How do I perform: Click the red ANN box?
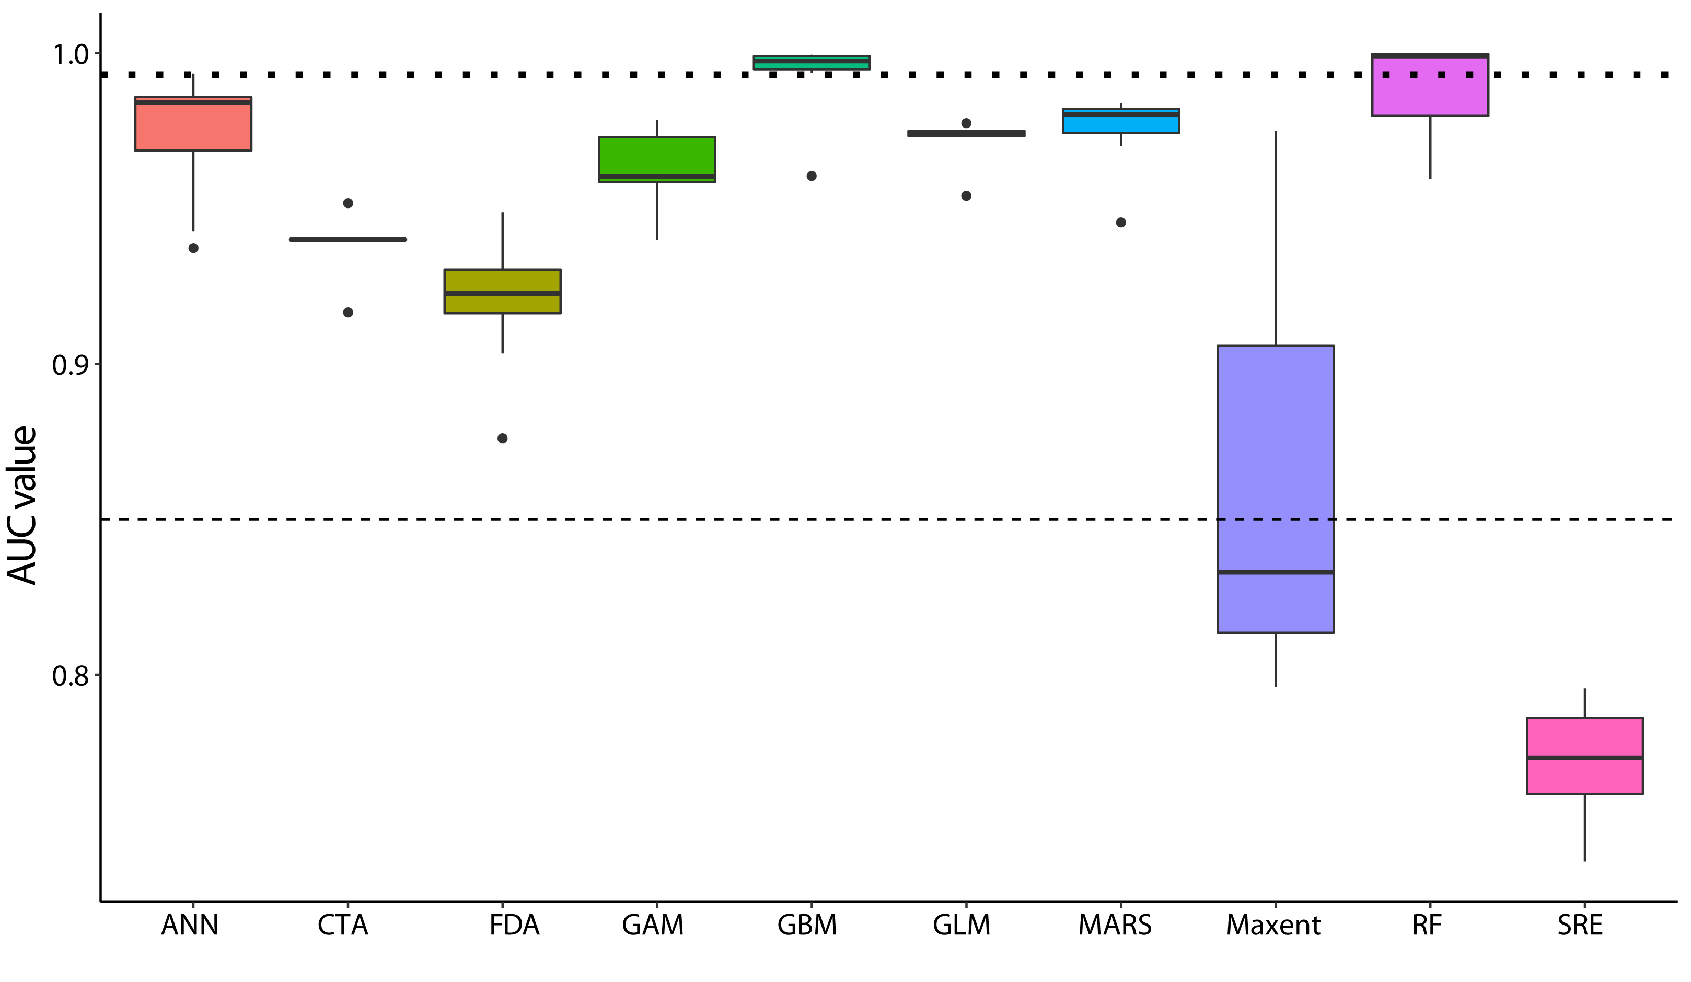tap(193, 123)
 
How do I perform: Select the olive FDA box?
tap(503, 291)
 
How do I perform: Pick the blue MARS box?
tap(1120, 121)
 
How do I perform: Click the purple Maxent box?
tap(1276, 489)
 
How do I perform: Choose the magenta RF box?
tap(1430, 85)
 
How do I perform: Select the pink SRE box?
tap(1585, 756)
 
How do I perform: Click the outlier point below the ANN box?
tap(193, 248)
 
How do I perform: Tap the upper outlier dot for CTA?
tap(348, 203)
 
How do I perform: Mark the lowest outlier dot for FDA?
tap(503, 438)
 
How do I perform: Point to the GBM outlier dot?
tap(812, 176)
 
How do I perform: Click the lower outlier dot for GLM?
tap(966, 196)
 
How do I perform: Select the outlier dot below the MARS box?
tap(1120, 223)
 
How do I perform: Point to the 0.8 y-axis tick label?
tap(71, 676)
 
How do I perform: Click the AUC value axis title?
tap(21, 505)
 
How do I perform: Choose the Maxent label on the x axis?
tap(1273, 926)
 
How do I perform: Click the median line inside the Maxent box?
tap(1276, 572)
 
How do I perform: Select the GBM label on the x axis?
tap(807, 926)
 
